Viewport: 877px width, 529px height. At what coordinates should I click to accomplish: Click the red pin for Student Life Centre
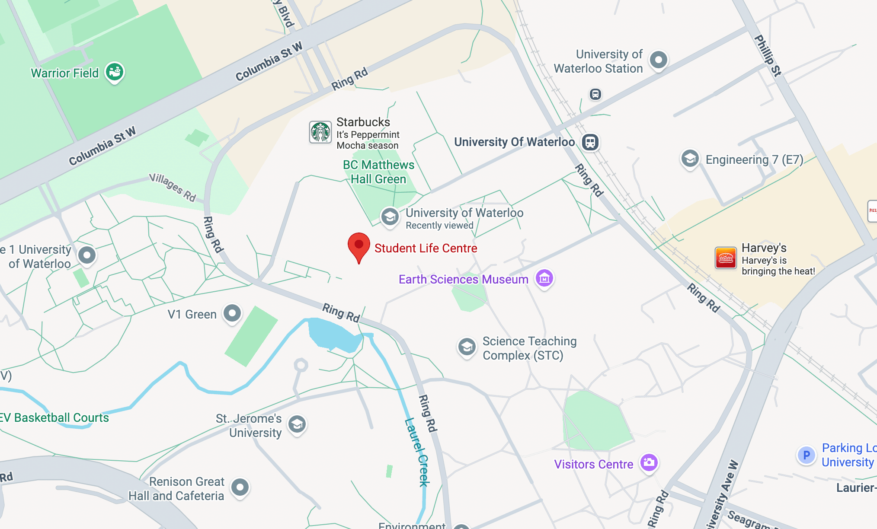[358, 245]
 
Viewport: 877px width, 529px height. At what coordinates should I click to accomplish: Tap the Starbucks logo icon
[320, 132]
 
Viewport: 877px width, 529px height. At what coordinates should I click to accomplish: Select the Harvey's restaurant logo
[726, 258]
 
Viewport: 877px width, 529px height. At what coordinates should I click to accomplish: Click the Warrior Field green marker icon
[115, 72]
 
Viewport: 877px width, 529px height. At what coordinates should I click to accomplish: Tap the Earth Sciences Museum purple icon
[544, 278]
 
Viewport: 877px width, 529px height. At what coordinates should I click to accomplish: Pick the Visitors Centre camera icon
[649, 463]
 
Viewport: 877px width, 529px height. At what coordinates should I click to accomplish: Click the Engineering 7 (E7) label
[754, 160]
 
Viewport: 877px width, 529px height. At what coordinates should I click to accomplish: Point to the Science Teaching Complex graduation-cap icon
[467, 347]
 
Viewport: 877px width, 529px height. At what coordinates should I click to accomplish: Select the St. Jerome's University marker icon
[297, 424]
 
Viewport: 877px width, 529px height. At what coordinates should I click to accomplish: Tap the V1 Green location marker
[232, 313]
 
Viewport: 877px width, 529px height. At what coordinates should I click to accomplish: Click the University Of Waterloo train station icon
[590, 142]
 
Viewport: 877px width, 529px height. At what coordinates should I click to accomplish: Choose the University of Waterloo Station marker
[658, 60]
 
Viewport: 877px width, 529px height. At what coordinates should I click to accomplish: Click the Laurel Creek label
[417, 452]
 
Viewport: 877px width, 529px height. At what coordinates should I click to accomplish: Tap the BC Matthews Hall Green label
[378, 172]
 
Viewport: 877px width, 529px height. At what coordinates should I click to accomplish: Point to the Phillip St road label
[768, 56]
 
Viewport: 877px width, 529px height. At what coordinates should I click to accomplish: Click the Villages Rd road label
[173, 187]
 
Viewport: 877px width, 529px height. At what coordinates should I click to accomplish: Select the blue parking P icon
[806, 455]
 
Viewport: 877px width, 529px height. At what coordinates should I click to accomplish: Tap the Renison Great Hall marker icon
[240, 488]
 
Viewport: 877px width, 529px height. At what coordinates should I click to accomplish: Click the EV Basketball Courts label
[54, 417]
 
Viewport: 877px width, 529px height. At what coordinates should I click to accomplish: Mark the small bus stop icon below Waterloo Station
[595, 94]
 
